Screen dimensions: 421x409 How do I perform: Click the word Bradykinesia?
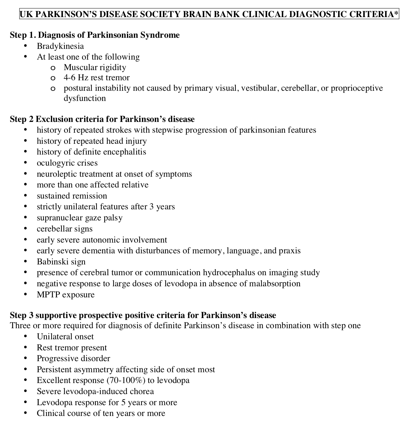[x=60, y=46]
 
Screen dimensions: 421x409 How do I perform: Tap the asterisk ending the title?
[x=396, y=13]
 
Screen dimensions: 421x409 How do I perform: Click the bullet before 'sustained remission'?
[x=25, y=196]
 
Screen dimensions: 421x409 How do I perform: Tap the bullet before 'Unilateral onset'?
[x=25, y=337]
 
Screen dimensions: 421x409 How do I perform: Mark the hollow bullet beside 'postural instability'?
[x=53, y=89]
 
